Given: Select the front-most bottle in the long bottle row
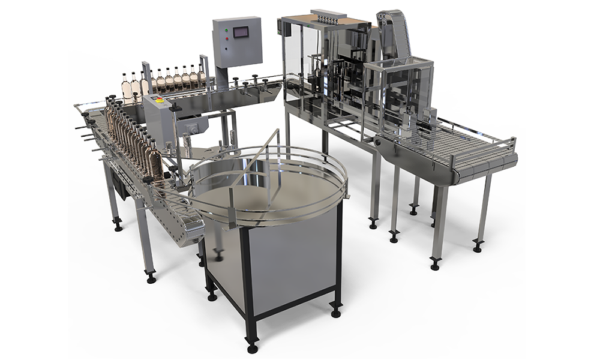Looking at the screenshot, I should [155, 163].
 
